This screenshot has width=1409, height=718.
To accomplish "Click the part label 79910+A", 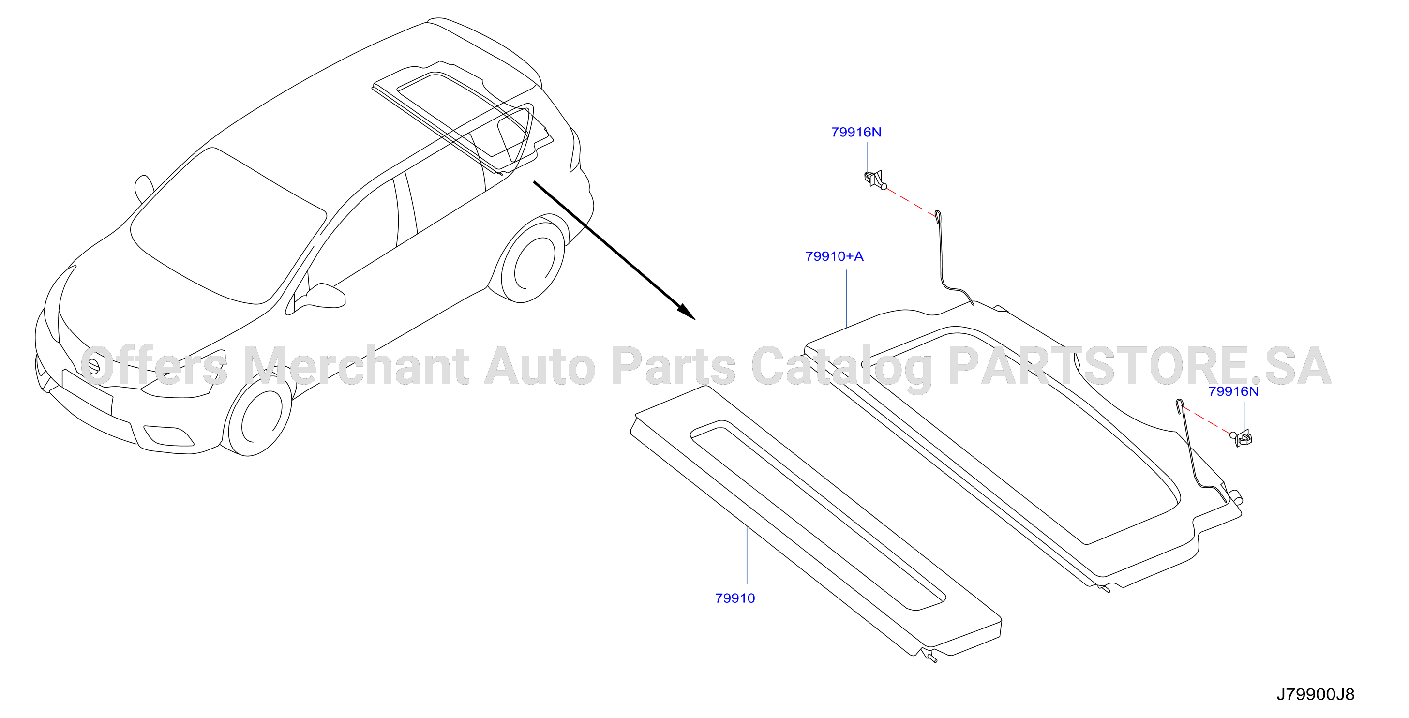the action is click(x=834, y=256).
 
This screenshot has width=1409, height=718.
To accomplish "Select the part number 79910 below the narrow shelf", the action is click(x=734, y=598).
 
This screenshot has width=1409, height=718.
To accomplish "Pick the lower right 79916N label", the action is click(x=1233, y=391).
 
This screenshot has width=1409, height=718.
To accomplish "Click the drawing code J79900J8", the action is click(x=1316, y=694).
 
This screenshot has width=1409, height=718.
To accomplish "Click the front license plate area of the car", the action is click(x=88, y=391).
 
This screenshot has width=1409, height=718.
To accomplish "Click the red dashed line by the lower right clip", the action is click(x=1207, y=419).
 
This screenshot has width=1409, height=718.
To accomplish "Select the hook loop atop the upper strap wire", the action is click(x=938, y=217).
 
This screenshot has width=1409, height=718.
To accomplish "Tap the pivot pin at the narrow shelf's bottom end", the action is click(x=930, y=657).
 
